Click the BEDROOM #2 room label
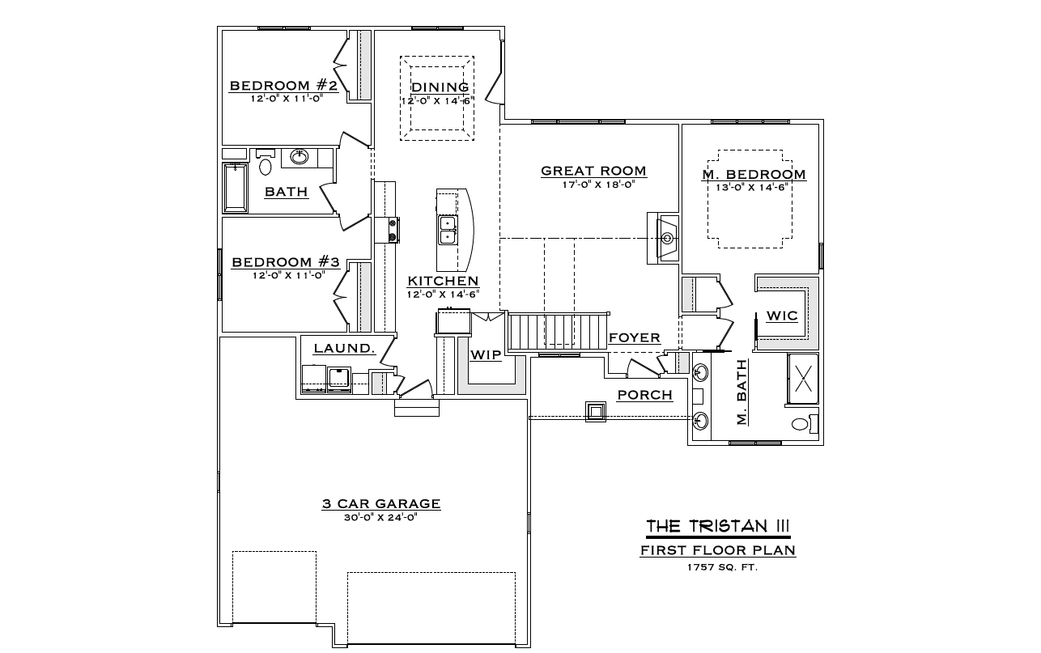(x=283, y=86)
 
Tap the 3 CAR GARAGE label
(x=381, y=503)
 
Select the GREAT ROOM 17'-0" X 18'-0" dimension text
(x=598, y=184)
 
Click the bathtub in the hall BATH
(x=235, y=188)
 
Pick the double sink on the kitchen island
(x=448, y=231)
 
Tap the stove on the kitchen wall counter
(x=393, y=231)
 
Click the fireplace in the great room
(x=663, y=239)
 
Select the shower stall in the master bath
(x=803, y=379)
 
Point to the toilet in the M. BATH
(x=805, y=423)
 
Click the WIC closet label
(x=782, y=316)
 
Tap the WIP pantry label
(x=487, y=355)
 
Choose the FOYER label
(x=635, y=337)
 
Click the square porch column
(x=595, y=412)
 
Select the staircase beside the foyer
(x=558, y=332)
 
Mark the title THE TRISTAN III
(x=718, y=526)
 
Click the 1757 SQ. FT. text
(x=723, y=567)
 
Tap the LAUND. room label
(x=344, y=348)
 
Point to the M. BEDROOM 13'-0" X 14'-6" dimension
(x=752, y=188)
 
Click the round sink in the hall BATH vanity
(x=300, y=156)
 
